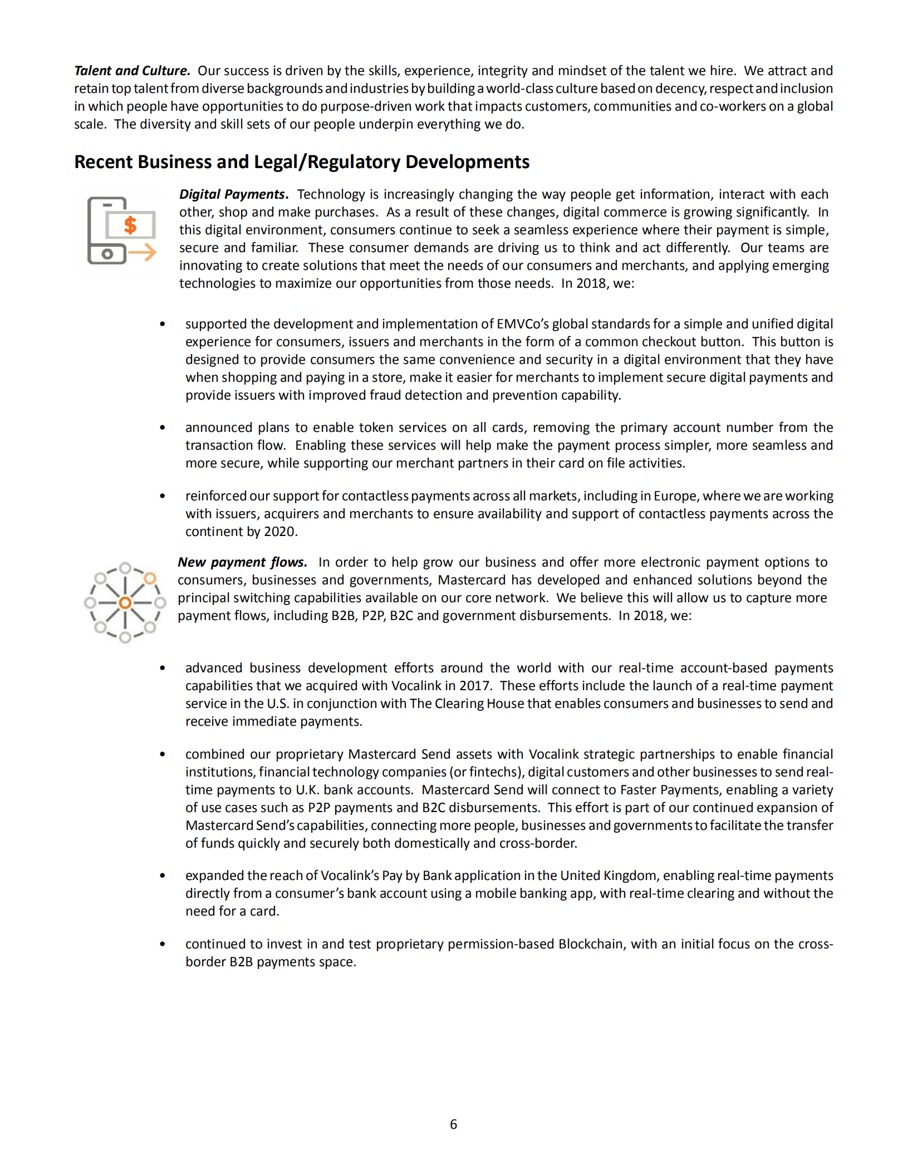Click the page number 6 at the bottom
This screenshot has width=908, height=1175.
coord(453,1124)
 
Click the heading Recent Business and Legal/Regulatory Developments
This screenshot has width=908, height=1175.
coord(301,161)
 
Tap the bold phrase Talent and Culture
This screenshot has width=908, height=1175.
coord(132,71)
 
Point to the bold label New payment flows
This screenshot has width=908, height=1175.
coord(242,562)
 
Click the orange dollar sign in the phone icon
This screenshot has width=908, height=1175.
coord(130,225)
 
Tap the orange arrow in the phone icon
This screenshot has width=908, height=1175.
coord(143,252)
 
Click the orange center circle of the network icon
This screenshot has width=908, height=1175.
coord(125,603)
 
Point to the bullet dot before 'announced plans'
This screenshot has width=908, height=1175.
coord(163,427)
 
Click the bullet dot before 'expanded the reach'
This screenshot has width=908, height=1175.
coord(163,876)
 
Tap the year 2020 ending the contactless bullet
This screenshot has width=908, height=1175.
coord(279,532)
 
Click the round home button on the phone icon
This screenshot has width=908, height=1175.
coord(107,254)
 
